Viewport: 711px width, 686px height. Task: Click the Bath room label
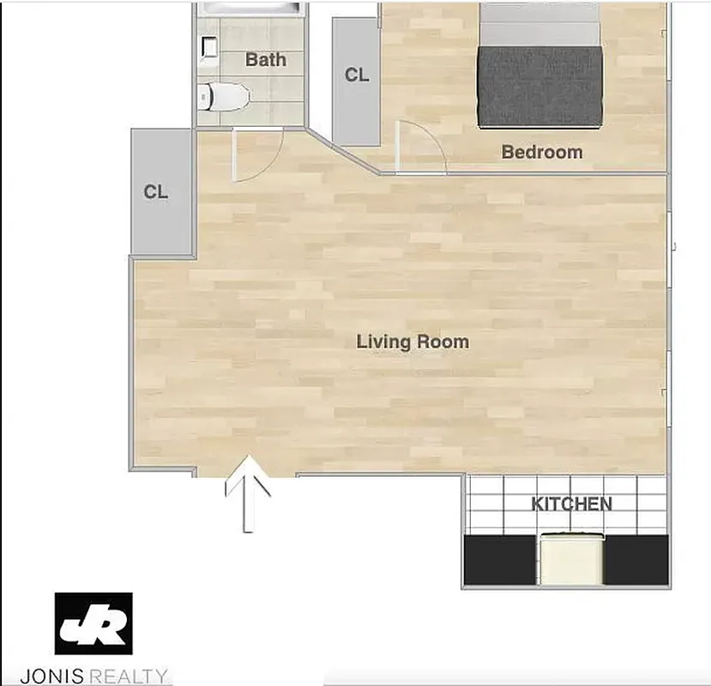265,60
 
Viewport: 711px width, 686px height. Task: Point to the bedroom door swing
420,147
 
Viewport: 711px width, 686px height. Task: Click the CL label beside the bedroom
357,75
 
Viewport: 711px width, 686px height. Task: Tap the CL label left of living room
156,192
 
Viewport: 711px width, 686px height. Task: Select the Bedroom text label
541,153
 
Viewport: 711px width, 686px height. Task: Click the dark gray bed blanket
541,86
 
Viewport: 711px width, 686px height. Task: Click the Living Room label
413,342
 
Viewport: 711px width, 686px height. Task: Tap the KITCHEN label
571,504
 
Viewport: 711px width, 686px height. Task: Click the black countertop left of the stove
501,560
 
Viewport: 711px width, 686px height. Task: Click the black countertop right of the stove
636,560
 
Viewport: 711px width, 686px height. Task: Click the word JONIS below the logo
74,676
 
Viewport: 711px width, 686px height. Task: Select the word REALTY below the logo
132,676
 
